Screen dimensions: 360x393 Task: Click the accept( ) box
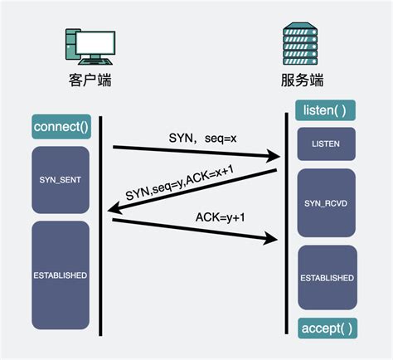(326, 328)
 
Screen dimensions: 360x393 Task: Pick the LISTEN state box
(326, 144)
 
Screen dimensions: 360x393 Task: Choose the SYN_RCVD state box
(326, 202)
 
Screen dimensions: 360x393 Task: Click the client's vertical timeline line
(100, 249)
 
